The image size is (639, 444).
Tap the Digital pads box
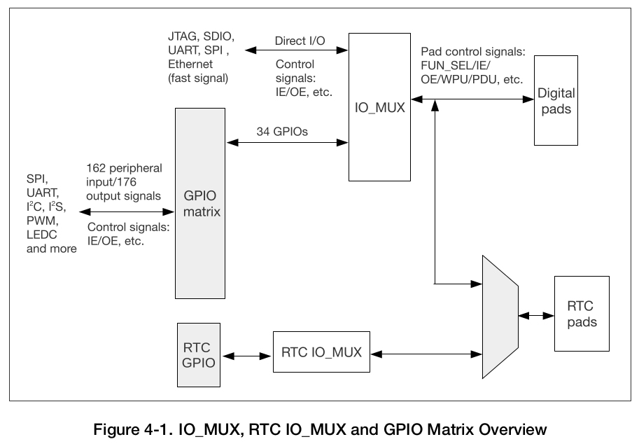pos(556,102)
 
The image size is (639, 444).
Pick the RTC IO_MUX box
pos(321,352)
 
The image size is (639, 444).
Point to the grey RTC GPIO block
pos(198,354)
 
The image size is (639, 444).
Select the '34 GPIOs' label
pos(282,130)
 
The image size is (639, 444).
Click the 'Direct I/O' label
pos(300,41)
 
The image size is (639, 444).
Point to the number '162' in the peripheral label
pos(98,169)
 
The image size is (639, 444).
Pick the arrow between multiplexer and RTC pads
pos(535,316)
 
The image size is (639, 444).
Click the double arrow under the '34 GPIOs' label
pos(287,143)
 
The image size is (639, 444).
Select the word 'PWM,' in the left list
pos(41,221)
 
